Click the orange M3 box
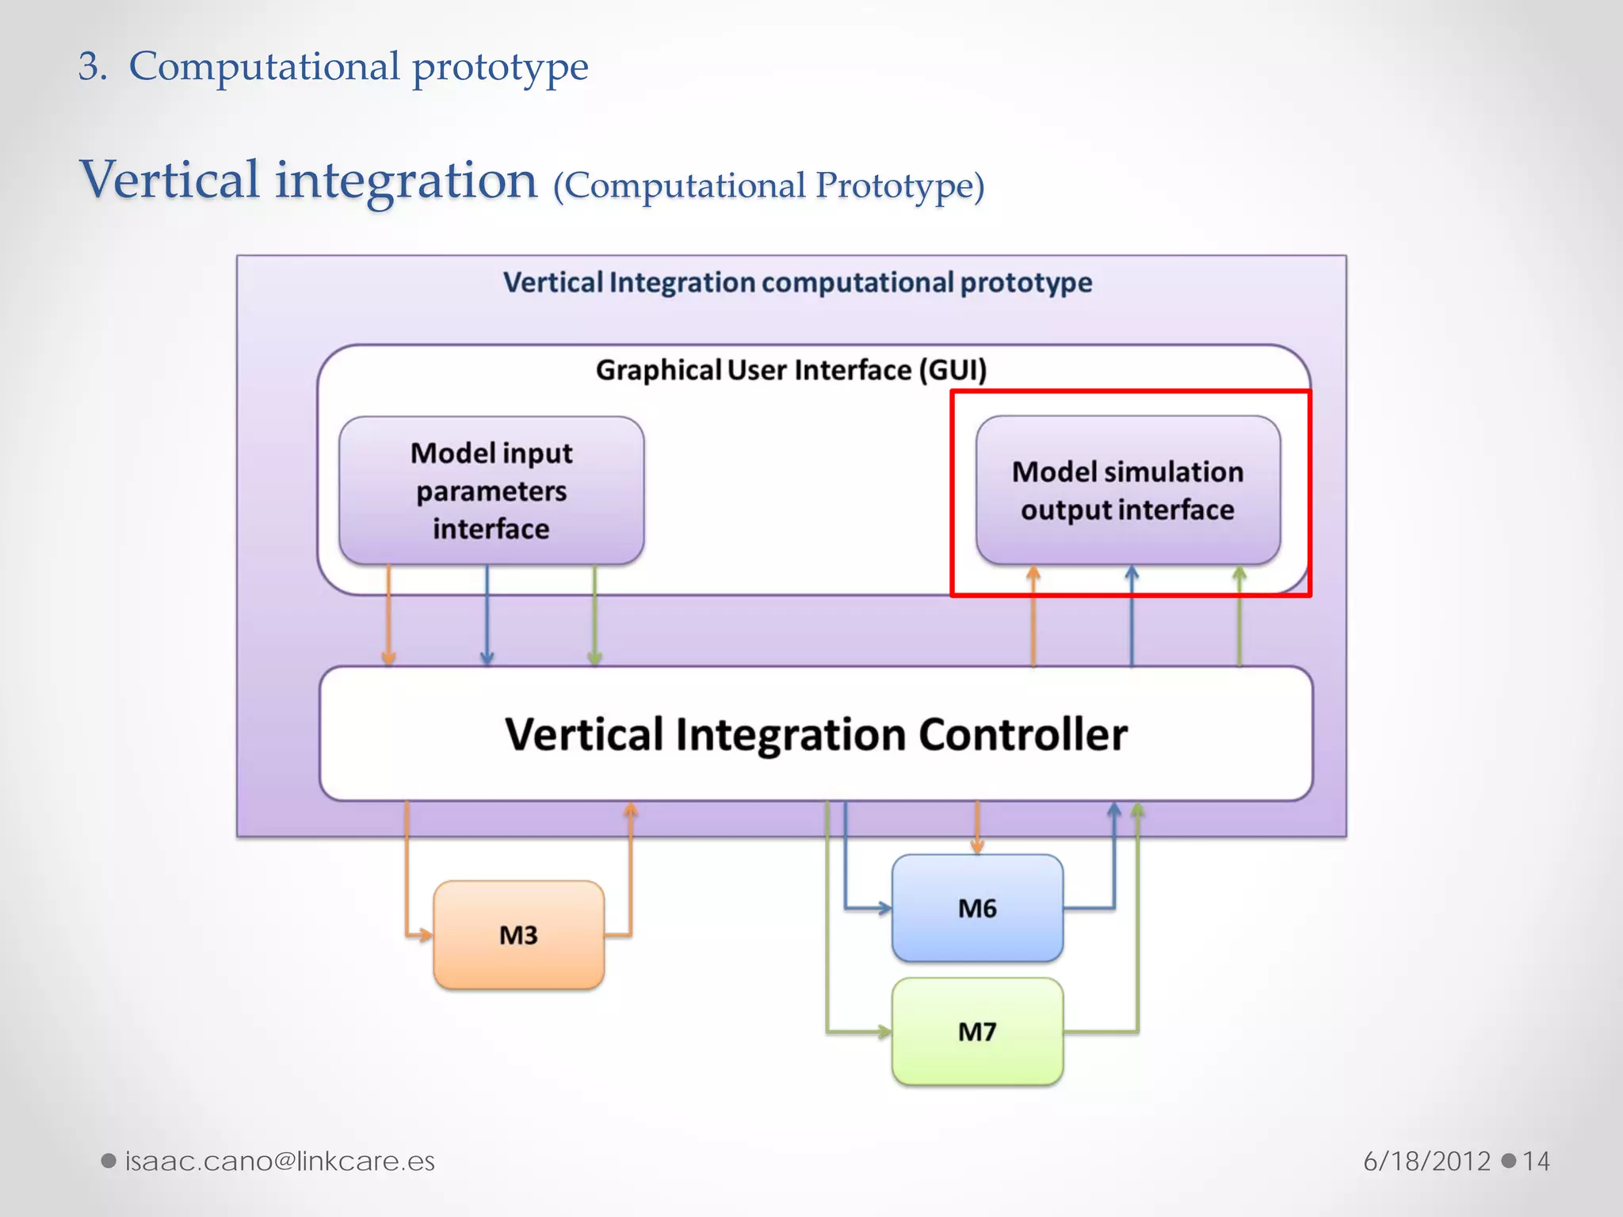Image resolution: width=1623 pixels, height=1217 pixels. click(518, 935)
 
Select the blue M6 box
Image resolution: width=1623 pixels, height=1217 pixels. click(977, 908)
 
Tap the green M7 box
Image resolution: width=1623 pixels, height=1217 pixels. click(977, 1032)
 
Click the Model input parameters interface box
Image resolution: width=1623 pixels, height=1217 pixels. click(491, 490)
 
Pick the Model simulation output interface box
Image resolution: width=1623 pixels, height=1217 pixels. click(1128, 490)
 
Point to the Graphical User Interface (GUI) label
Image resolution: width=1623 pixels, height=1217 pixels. click(791, 370)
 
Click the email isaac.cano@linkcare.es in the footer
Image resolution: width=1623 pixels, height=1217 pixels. click(280, 1161)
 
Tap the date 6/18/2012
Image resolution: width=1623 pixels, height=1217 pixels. click(1426, 1161)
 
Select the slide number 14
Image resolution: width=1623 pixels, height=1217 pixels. click(1536, 1161)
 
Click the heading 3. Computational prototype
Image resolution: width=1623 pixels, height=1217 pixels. click(333, 66)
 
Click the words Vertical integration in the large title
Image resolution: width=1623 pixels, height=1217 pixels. click(309, 180)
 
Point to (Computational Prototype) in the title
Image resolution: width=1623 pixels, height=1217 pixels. click(769, 186)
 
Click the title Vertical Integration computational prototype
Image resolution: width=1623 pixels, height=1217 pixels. click(797, 282)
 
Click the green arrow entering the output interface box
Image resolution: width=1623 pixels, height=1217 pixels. click(1239, 618)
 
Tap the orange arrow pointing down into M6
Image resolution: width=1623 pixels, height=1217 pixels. click(977, 828)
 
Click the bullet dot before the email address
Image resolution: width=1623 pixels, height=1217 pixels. click(109, 1161)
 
